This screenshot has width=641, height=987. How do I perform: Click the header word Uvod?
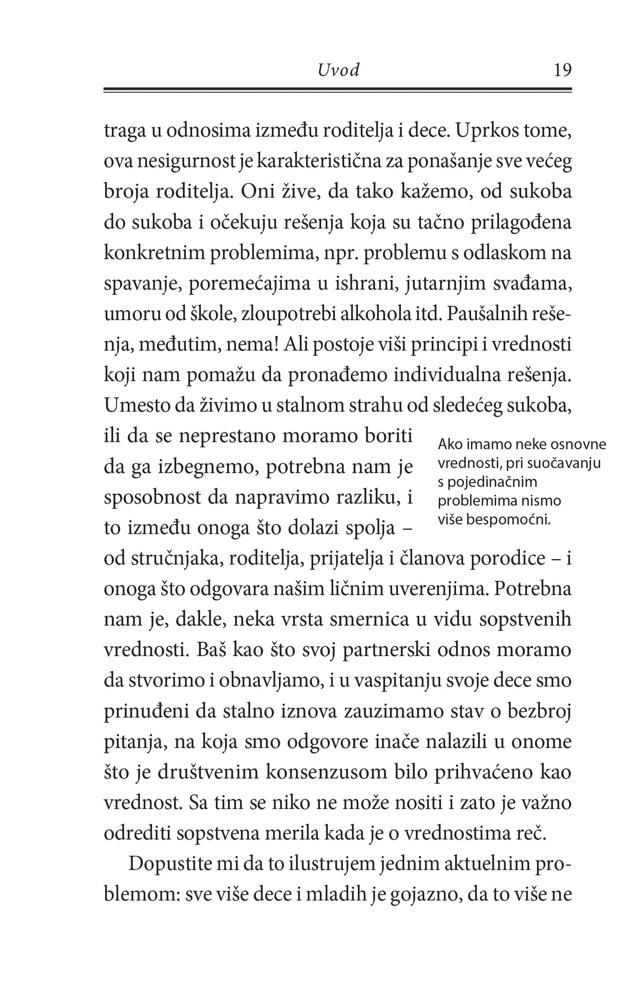(338, 71)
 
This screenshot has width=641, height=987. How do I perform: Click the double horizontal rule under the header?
(338, 90)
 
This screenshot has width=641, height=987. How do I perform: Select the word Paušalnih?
(487, 314)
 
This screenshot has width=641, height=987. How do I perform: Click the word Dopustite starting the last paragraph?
(171, 864)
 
